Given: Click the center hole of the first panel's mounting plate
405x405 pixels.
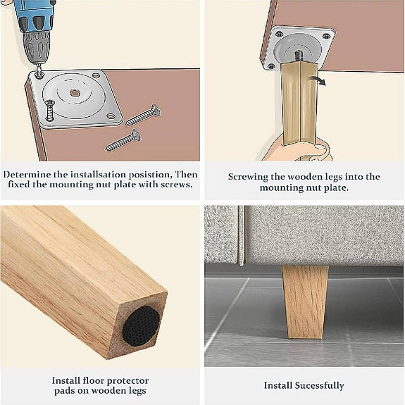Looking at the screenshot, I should click(75, 93).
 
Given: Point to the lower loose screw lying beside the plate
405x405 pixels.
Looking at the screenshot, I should click(123, 139).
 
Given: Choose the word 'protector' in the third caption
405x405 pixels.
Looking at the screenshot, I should click(126, 380).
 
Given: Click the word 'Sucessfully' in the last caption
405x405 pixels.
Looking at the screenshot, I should click(319, 385).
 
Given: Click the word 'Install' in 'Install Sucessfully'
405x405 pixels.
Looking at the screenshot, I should click(278, 385).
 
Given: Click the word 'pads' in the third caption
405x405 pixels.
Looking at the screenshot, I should click(63, 392).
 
